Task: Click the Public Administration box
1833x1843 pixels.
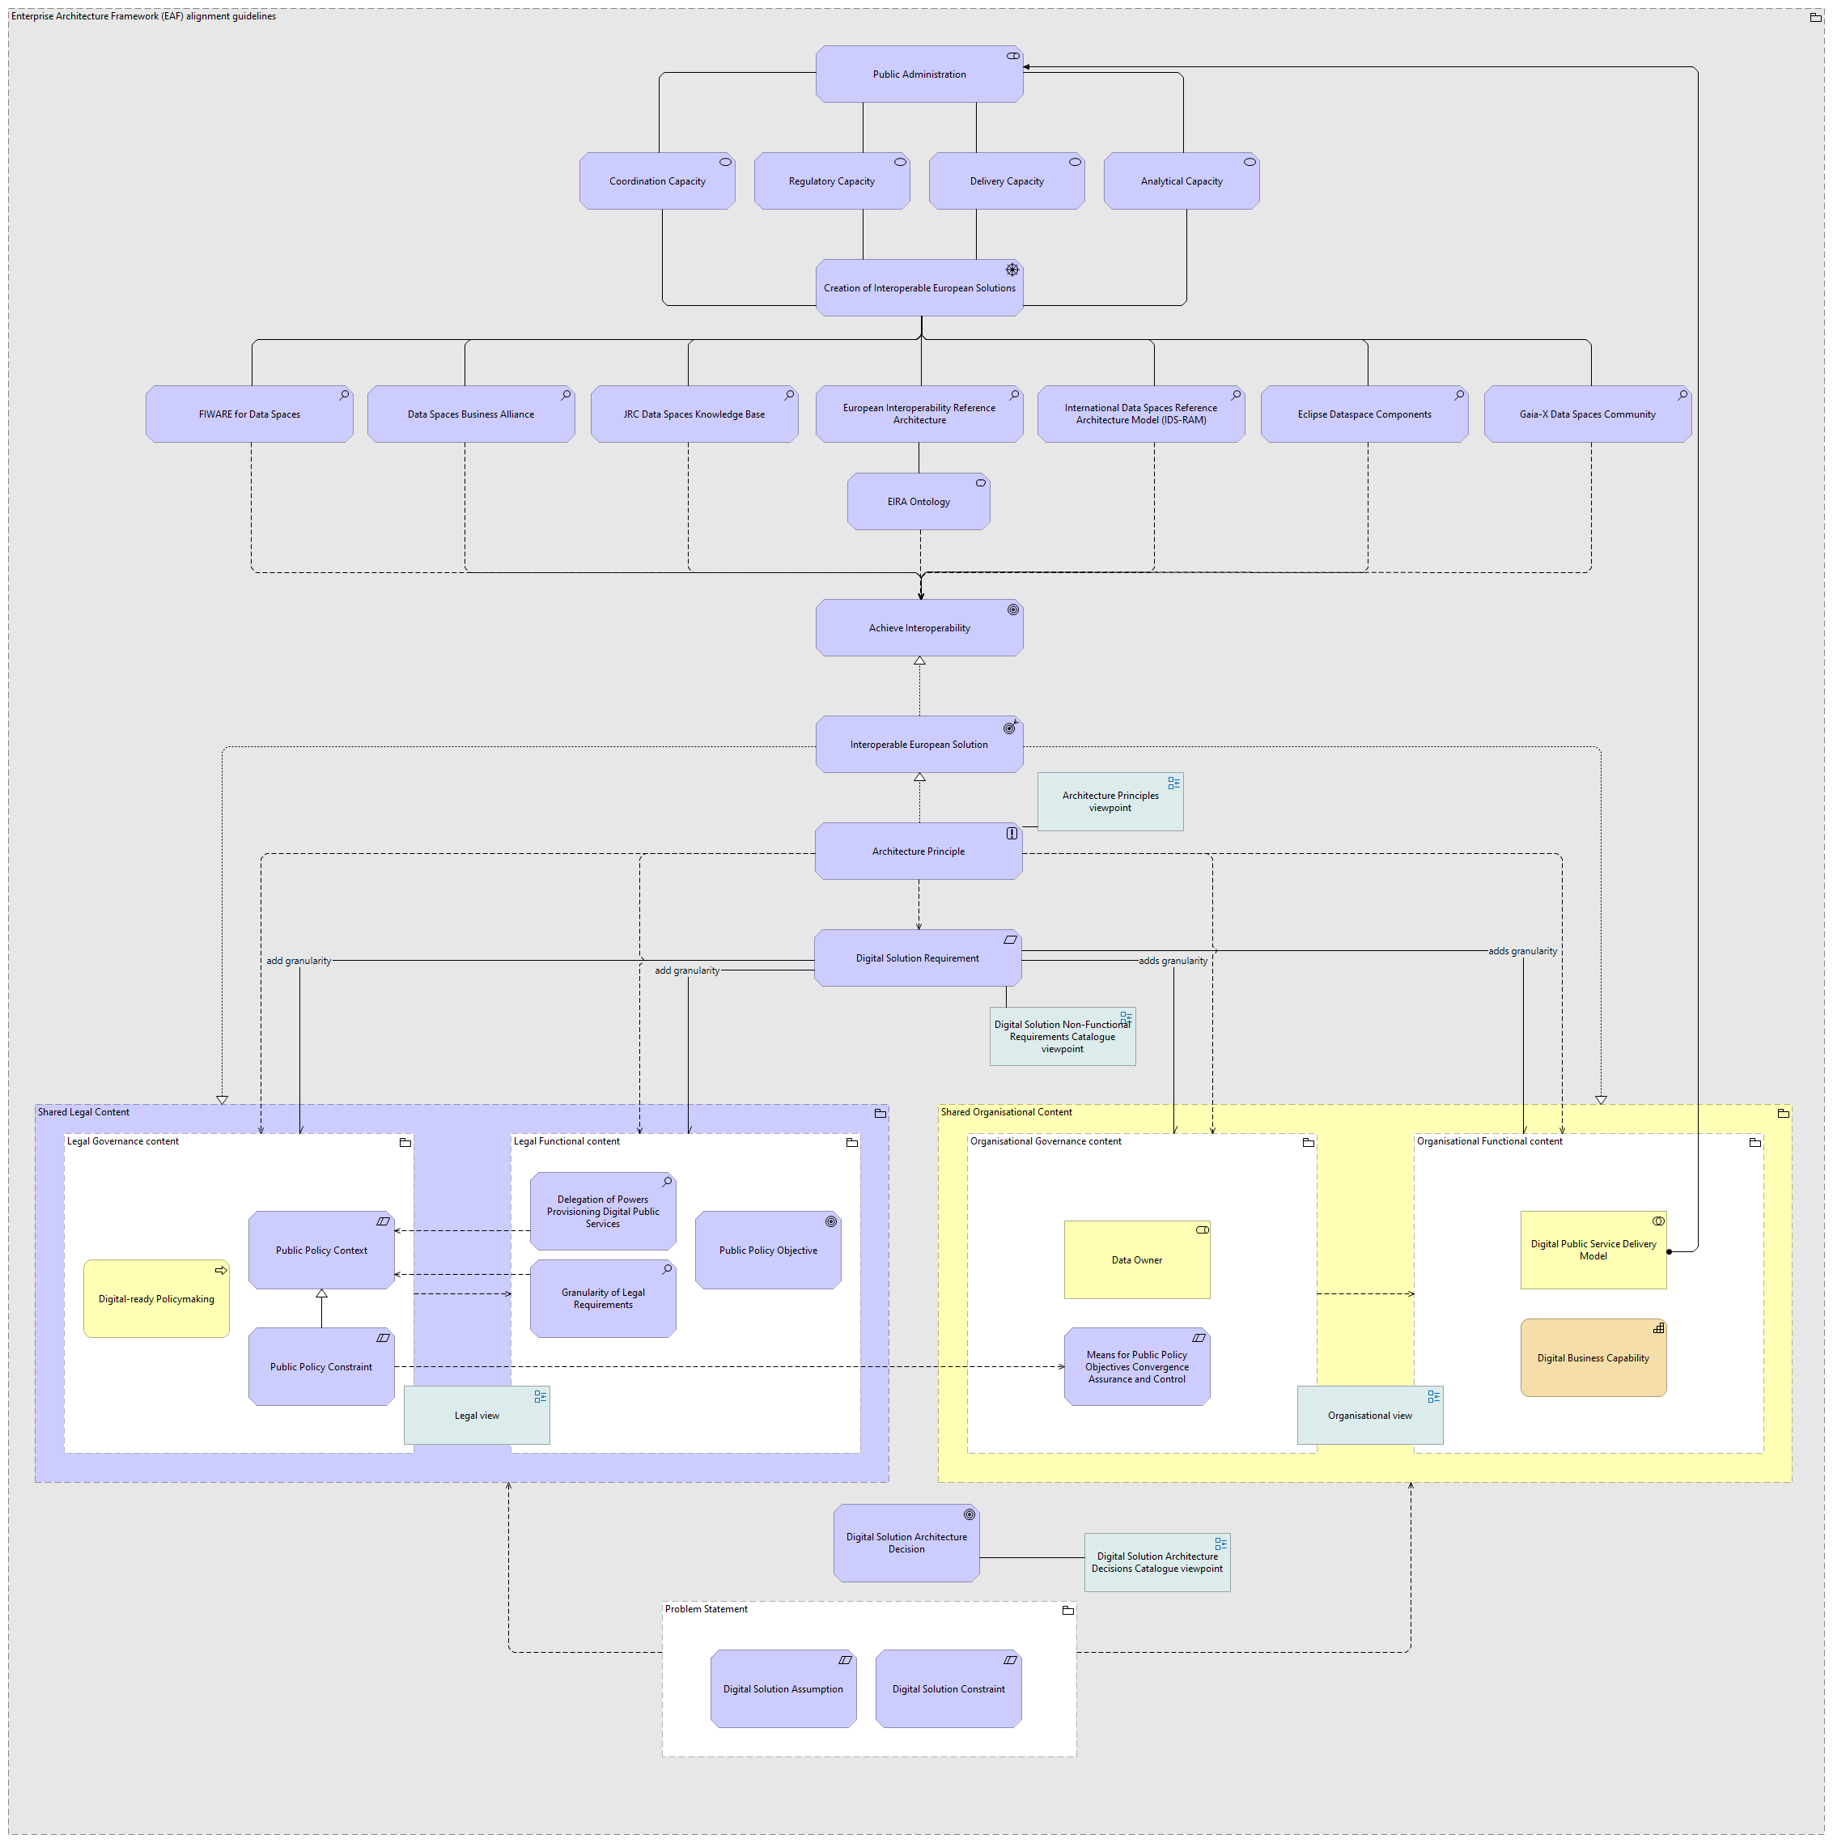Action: click(919, 74)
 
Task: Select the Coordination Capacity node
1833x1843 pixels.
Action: click(657, 181)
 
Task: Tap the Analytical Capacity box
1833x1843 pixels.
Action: click(1181, 181)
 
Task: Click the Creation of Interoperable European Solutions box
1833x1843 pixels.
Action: click(919, 288)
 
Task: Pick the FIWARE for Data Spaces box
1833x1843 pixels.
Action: click(249, 414)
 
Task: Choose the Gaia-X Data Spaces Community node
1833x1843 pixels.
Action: click(1587, 414)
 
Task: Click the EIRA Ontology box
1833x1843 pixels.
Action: click(919, 502)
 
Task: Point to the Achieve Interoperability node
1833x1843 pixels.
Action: click(919, 628)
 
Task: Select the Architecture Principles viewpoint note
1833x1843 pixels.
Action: click(1110, 801)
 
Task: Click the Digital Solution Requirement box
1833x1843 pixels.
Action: click(916, 958)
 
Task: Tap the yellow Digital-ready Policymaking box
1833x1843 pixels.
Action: click(156, 1298)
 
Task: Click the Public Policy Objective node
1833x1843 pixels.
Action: click(768, 1250)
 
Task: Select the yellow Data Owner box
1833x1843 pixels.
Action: click(1137, 1259)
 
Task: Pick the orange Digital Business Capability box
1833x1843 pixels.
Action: click(1593, 1357)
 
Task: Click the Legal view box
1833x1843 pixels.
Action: click(477, 1415)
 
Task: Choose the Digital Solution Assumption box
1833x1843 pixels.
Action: click(783, 1688)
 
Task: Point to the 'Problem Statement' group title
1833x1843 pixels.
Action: click(706, 1609)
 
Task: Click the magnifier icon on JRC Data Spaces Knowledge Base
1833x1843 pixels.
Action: click(790, 395)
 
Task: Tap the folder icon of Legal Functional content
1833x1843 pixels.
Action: click(851, 1142)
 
